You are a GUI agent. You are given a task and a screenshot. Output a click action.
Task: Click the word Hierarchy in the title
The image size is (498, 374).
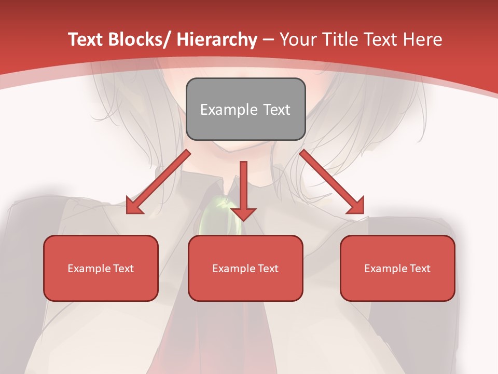click(x=216, y=39)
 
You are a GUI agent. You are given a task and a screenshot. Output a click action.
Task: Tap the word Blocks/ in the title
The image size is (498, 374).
click(x=136, y=39)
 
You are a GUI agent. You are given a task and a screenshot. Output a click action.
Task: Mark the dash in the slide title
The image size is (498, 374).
click(x=268, y=39)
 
